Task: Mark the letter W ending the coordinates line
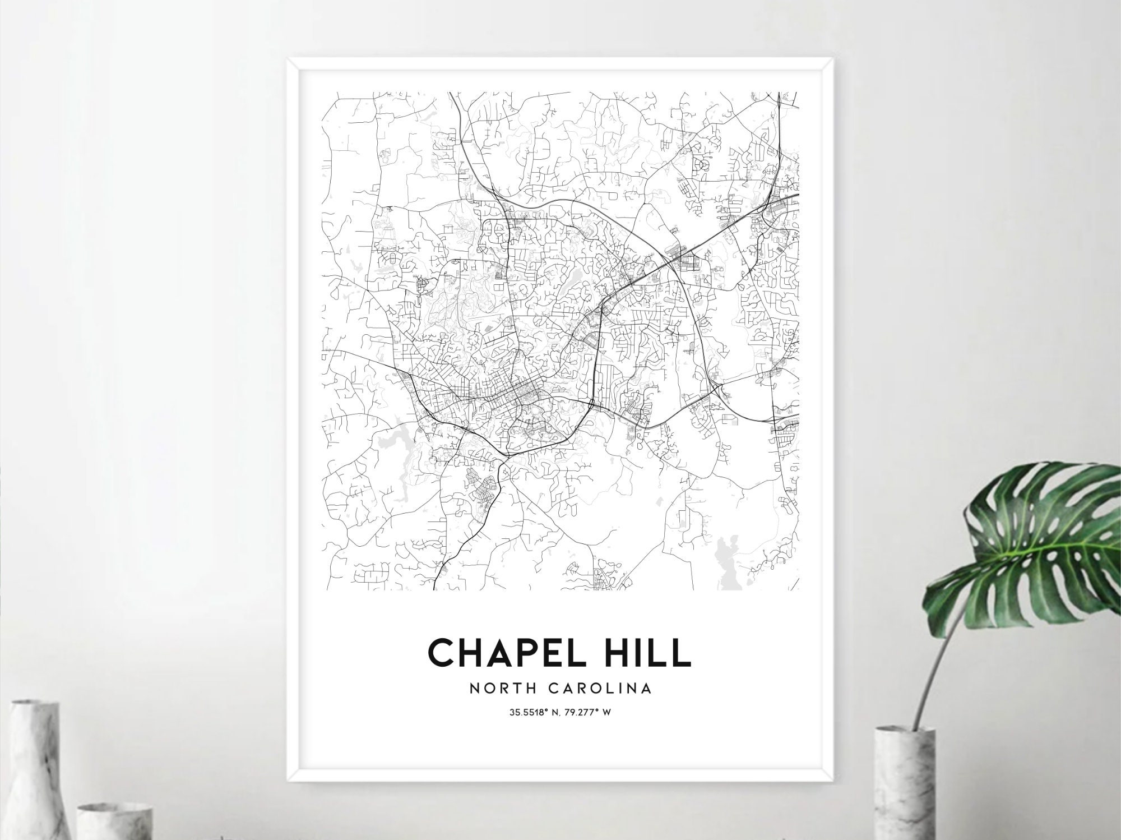pos(606,713)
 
